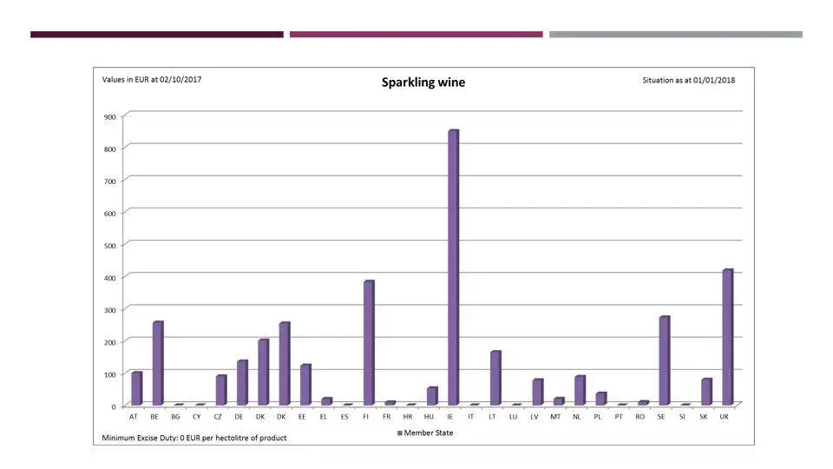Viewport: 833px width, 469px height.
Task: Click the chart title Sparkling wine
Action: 423,83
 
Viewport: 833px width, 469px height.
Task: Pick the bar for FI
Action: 369,343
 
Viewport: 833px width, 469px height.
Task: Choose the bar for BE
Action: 157,363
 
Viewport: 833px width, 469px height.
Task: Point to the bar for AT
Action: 136,388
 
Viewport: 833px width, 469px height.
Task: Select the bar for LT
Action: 495,378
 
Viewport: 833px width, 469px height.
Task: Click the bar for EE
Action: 305,385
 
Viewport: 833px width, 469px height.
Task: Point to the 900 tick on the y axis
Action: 108,116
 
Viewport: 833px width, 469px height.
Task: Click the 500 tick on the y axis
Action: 108,245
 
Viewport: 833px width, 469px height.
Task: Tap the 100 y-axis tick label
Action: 108,374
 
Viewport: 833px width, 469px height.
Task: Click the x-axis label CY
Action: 197,417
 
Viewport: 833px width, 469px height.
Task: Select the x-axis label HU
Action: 429,417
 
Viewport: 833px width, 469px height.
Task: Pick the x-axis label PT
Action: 619,417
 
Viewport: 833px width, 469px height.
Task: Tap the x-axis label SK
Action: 704,417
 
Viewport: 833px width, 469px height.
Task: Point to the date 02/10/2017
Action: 180,79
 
